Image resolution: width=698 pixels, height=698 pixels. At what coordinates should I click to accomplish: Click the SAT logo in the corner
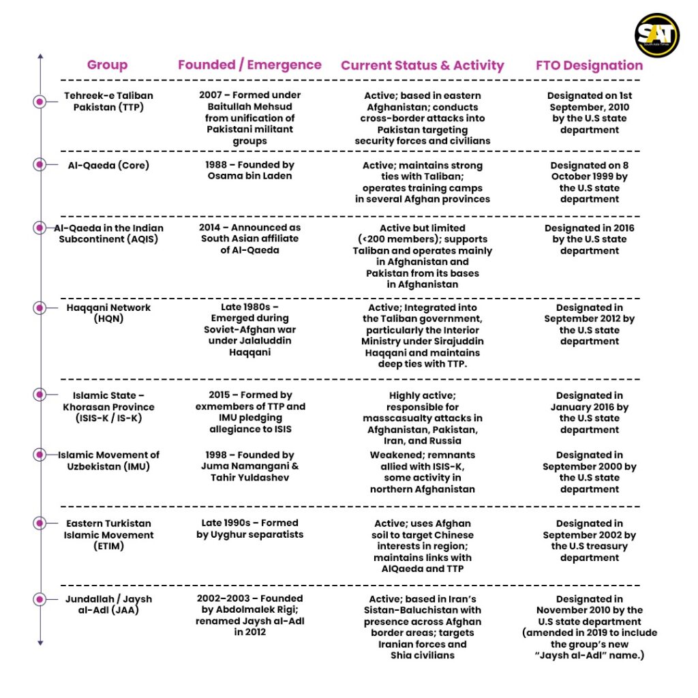click(656, 35)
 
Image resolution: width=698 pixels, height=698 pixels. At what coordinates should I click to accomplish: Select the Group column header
click(107, 65)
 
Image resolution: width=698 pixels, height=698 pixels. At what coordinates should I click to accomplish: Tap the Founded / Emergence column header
click(249, 65)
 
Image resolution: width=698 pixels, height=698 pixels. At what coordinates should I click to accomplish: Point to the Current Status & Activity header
click(422, 65)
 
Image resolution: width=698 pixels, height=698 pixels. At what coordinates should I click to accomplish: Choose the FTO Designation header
click(589, 65)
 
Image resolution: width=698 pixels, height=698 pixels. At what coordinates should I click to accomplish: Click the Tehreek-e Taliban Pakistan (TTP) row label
click(108, 102)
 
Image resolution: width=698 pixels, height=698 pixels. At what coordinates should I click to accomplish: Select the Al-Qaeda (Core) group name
click(108, 165)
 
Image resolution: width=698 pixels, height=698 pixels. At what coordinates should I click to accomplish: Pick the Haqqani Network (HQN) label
click(108, 313)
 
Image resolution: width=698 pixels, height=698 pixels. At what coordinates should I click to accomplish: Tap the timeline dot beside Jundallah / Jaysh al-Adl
click(40, 599)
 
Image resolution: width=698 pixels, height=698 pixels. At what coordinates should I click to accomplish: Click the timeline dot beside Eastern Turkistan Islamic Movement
click(40, 523)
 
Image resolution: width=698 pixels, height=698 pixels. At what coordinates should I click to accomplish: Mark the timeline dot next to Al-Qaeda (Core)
click(40, 164)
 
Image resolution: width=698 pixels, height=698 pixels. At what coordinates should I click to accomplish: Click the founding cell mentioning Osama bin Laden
click(249, 170)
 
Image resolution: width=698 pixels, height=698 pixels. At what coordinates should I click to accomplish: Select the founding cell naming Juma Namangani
click(249, 466)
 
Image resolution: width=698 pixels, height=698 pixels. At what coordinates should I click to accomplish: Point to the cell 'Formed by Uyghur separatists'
click(249, 529)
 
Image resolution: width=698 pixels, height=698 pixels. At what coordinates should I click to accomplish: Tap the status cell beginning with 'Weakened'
click(423, 472)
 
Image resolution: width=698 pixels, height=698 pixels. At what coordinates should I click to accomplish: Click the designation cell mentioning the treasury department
click(589, 541)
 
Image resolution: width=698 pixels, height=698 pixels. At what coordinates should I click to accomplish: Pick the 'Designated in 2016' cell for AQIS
click(589, 239)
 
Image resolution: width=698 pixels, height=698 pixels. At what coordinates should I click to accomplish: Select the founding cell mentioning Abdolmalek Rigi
click(249, 616)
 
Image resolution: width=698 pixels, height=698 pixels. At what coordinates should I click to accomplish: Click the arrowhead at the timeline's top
click(40, 57)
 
